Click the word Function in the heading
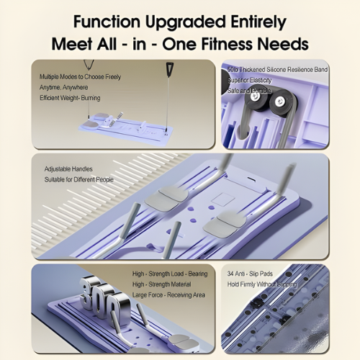(107, 22)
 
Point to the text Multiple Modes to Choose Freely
(80, 77)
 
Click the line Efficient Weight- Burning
(70, 98)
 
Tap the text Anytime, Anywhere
(63, 87)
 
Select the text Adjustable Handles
(68, 169)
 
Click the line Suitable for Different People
(79, 179)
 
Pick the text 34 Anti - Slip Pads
(250, 274)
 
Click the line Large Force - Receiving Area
(168, 294)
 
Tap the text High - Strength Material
(161, 284)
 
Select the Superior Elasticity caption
(249, 80)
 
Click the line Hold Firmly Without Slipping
(262, 284)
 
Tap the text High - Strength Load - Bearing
(170, 274)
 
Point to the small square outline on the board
(223, 199)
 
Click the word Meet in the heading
(72, 44)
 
